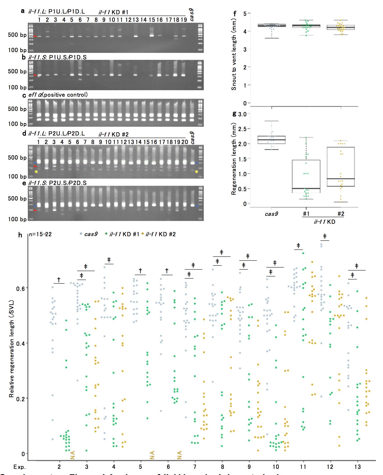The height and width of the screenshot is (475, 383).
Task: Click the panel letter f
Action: pos(235,13)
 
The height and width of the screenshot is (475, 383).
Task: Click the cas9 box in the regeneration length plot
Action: pos(271,140)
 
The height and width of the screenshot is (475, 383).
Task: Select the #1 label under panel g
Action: pos(306,214)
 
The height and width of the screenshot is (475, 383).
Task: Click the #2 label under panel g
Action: pos(341,214)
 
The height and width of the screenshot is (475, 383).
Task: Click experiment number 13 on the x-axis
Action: pos(358,467)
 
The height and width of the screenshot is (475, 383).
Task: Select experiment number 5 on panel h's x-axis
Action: pos(141,467)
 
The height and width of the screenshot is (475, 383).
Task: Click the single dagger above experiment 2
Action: pos(59,279)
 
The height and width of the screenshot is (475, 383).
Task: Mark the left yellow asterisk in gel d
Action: pos(36,172)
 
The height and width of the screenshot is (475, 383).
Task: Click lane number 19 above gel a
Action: pos(183,20)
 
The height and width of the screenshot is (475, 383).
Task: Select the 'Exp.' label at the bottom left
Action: pos(20,467)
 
